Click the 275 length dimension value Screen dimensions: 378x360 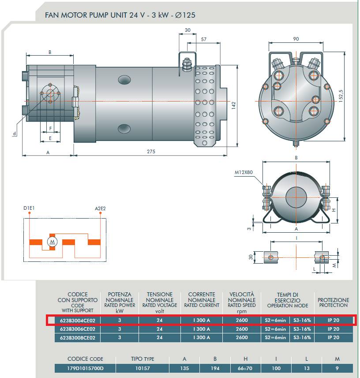click(151, 151)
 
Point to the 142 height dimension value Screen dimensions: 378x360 click(234, 105)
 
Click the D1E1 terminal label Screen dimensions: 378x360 click(30, 208)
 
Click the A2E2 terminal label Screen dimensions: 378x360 click(101, 208)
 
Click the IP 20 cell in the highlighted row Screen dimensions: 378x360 click(334, 320)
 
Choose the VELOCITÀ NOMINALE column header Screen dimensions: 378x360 click(242, 299)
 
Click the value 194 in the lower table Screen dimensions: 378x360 click(215, 368)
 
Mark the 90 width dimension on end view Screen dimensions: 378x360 click(296, 39)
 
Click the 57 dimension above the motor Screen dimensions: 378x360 click(204, 39)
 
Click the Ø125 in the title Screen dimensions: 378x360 click(185, 15)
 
